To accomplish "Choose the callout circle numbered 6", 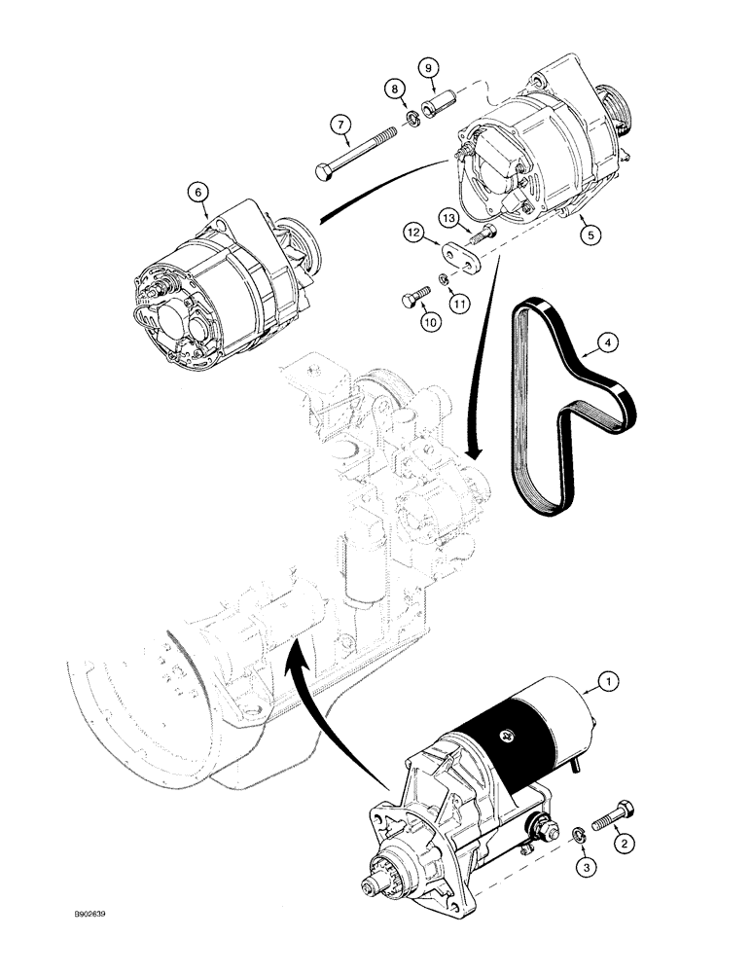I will (x=198, y=194).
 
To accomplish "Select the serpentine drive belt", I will (x=545, y=418).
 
